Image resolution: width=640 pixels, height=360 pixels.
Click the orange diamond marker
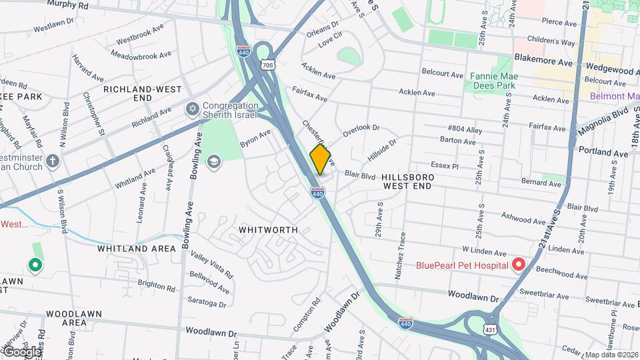coord(321,159)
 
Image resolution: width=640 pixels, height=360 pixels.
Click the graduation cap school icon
coord(213,162)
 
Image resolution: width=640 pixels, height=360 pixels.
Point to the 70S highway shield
coord(267,65)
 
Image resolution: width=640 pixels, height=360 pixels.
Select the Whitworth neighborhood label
coord(268,229)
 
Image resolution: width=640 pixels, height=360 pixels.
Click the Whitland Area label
coord(137,249)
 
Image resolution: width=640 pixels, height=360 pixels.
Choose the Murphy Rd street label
coord(69,5)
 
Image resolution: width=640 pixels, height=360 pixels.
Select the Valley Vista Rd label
coord(212,265)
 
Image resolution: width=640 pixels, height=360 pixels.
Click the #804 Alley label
coord(465,129)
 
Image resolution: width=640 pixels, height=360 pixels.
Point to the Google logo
coord(22,351)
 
